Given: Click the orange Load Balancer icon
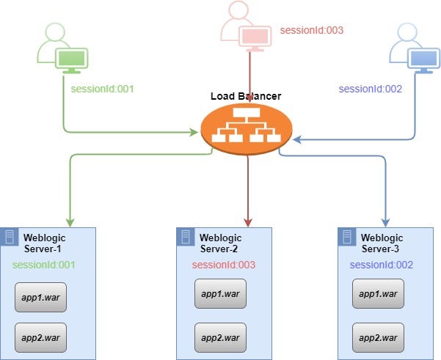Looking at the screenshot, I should pos(247,130).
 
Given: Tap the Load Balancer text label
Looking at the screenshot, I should pos(246,96).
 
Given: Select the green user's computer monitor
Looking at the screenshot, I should pos(72,59).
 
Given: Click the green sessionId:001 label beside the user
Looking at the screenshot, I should pos(103,89).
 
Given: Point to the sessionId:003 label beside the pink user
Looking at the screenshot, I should pos(311,31).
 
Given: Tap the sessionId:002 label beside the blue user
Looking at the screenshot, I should pos(371,89).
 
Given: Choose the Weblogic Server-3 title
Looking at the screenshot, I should pos(382,243).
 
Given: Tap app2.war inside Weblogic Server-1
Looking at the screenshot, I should pos(41,337).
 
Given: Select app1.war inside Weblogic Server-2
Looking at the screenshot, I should pos(219,294).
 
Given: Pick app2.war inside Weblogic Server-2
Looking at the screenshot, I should pos(219,337).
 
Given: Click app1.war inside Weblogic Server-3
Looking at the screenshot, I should pos(378,294).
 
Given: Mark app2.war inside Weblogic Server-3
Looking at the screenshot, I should pos(378,337).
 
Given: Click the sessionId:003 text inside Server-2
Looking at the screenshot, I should pos(223,265).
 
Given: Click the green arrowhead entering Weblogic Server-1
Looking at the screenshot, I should pos(70,221).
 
